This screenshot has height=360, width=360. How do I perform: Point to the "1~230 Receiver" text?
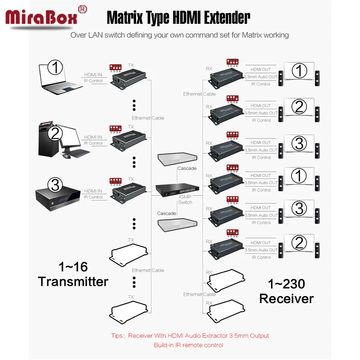point(286,291)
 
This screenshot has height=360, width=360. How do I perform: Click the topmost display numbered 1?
point(299,71)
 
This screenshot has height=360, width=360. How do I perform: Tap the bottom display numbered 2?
point(299,243)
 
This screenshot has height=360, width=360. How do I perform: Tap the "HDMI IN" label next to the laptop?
point(93,75)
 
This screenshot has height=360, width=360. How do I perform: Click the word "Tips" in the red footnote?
point(116,336)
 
